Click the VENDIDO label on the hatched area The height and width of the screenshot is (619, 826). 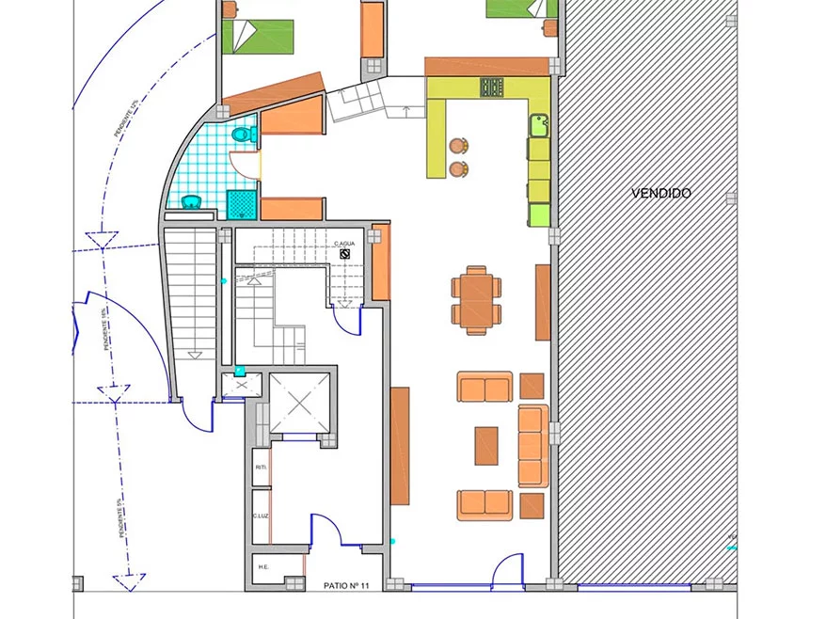660,193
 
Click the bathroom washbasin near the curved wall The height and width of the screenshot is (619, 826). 192,200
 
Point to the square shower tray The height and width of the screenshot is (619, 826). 242,204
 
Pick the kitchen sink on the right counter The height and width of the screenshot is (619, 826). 539,124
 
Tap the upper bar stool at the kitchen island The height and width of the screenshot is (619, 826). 458,146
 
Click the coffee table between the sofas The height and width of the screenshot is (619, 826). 486,446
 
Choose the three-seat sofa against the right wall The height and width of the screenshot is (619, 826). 533,446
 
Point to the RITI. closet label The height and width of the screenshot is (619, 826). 261,467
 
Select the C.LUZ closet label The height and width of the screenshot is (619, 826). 261,516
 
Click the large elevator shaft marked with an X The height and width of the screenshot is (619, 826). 300,403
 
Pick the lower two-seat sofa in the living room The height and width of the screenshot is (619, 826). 485,505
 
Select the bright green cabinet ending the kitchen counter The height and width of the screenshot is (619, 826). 539,215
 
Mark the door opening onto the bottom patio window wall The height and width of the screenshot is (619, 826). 509,569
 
